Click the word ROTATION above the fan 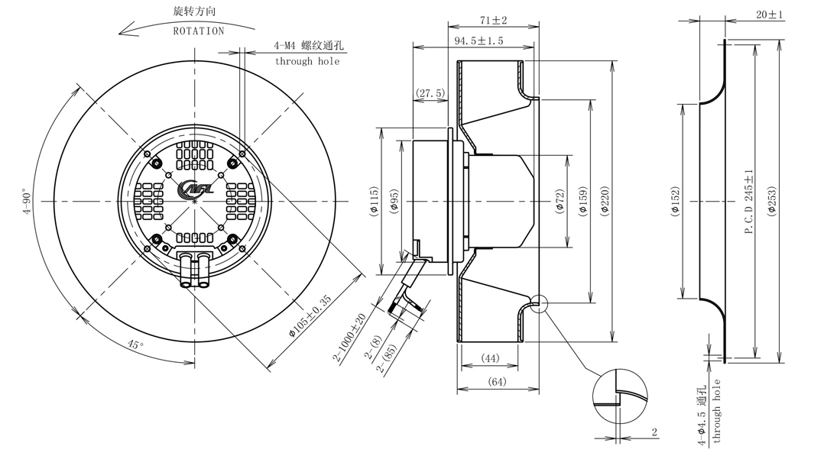pos(199,31)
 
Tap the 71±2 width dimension pos(494,20)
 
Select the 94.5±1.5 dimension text pos(479,40)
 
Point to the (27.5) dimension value pos(430,93)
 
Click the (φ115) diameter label pos(374,201)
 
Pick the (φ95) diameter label pos(394,201)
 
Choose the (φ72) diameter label pos(560,201)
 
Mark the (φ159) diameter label pos(582,201)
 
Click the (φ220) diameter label pos(605,201)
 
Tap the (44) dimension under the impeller pos(490,358)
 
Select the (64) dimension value pos(497,381)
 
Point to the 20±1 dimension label pos(769,15)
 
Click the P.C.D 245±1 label pos(749,201)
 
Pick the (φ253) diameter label pos(771,201)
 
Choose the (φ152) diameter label pos(675,201)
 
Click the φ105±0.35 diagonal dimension pos(310,315)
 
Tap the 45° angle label pos(135,344)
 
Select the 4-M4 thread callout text pos(309,46)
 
